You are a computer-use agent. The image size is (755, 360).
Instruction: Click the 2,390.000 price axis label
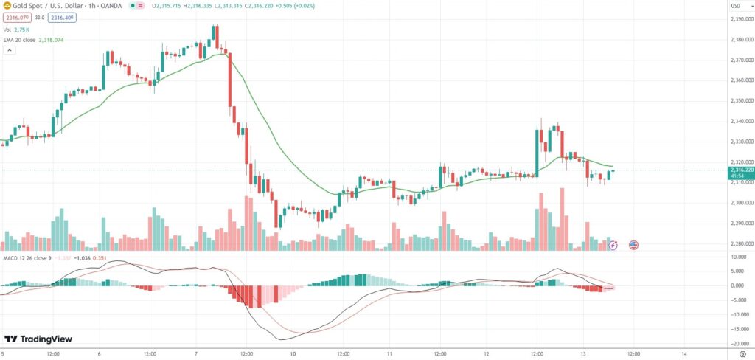[x=740, y=19]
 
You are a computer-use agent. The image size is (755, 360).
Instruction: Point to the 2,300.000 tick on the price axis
[x=740, y=203]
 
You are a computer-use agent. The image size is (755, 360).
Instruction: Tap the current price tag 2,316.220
[x=741, y=170]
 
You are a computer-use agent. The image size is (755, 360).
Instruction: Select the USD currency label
[x=735, y=6]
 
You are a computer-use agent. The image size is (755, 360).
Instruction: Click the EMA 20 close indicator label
[x=33, y=40]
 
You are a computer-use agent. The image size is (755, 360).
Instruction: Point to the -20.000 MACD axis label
[x=740, y=343]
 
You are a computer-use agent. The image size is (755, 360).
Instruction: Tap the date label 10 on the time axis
[x=293, y=353]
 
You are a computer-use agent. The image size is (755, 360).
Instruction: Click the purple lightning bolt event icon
[x=613, y=244]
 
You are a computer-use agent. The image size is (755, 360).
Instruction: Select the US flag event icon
[x=633, y=244]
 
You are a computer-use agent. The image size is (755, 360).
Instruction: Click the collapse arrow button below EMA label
[x=10, y=50]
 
